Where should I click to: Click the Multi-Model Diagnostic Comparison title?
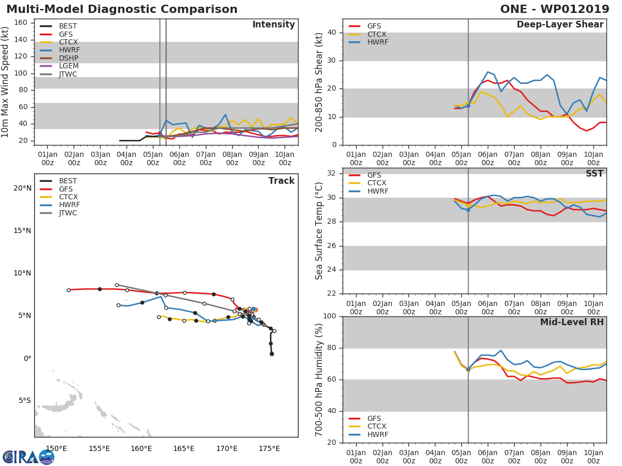tap(122, 9)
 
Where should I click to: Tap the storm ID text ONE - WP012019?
tap(555, 9)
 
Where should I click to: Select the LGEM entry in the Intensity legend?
tap(69, 66)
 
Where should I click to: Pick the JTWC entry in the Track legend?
tap(68, 213)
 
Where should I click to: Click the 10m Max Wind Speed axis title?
tap(6, 82)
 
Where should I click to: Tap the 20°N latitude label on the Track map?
tap(22, 188)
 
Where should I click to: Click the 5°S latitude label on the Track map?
tap(24, 401)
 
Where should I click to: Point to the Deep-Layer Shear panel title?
tap(560, 25)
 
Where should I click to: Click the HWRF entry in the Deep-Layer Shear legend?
tap(377, 42)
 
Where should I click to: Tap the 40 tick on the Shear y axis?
tap(332, 33)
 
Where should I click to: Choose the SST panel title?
tap(594, 174)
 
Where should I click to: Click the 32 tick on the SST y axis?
tap(332, 173)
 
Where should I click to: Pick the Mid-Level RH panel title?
tap(572, 323)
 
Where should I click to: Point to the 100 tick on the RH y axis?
tap(330, 316)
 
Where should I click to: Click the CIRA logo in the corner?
tap(29, 457)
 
